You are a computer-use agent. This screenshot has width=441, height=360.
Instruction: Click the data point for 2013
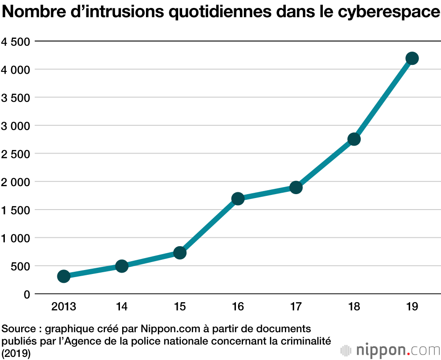click(64, 276)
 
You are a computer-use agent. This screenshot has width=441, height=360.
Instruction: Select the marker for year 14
click(122, 266)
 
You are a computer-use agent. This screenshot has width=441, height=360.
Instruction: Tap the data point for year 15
click(179, 253)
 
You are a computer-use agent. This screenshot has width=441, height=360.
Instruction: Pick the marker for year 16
click(238, 199)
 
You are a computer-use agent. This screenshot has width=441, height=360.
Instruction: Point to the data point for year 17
click(296, 187)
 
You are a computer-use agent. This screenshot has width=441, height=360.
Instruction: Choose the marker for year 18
click(354, 139)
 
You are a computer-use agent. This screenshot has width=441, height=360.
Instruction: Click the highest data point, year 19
click(412, 58)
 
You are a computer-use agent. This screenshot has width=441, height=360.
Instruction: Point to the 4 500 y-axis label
click(15, 41)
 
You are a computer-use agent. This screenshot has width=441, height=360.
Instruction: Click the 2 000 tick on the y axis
click(15, 182)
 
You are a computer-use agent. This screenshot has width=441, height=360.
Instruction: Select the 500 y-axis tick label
click(21, 266)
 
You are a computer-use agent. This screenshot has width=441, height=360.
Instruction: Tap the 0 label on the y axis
click(27, 294)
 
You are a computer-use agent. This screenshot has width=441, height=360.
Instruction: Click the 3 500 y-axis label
click(15, 97)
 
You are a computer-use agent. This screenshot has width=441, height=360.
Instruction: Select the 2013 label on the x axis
click(64, 307)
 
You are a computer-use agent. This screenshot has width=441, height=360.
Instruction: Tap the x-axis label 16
click(238, 307)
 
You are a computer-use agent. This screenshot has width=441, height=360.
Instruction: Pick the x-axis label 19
click(412, 307)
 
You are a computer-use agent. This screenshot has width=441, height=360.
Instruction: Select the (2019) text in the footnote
click(16, 353)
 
